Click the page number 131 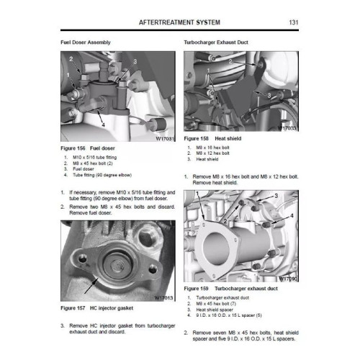coord(294,23)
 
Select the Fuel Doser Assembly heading coord(85,43)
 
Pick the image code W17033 coord(287,128)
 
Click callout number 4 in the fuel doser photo coord(104,123)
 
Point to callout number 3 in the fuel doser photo coord(134,63)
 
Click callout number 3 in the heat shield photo coord(269,94)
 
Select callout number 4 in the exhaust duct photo coord(292,216)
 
